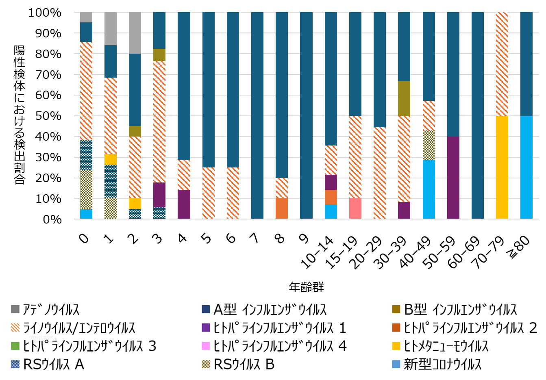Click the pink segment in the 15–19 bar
point(355,208)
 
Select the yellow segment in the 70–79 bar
point(502,167)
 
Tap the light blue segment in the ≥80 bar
point(526,167)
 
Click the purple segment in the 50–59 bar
point(453,178)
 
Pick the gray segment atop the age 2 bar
point(135,33)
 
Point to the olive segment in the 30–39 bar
point(404,98)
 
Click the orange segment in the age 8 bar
point(282,208)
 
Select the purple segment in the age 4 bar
point(184,204)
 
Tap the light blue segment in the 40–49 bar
point(429,189)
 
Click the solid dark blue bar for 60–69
point(477,115)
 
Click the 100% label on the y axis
point(45,13)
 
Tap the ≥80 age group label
point(519,247)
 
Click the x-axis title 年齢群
point(306,287)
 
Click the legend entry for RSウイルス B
point(244,365)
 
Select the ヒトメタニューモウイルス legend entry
point(446,346)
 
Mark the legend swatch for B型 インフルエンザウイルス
point(396,309)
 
